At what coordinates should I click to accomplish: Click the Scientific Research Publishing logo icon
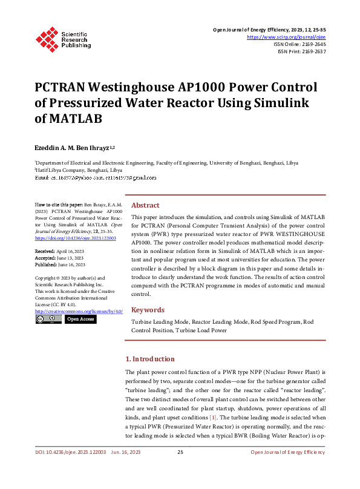pyautogui.click(x=46, y=38)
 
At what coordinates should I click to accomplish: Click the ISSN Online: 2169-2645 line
pyautogui.click(x=299, y=44)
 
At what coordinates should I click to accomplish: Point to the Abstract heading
pyautogui.click(x=145, y=205)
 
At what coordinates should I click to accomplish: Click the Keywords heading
pyautogui.click(x=148, y=310)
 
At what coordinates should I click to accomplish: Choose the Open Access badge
pyautogui.click(x=80, y=319)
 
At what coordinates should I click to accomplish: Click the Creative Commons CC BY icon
pyautogui.click(x=48, y=319)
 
